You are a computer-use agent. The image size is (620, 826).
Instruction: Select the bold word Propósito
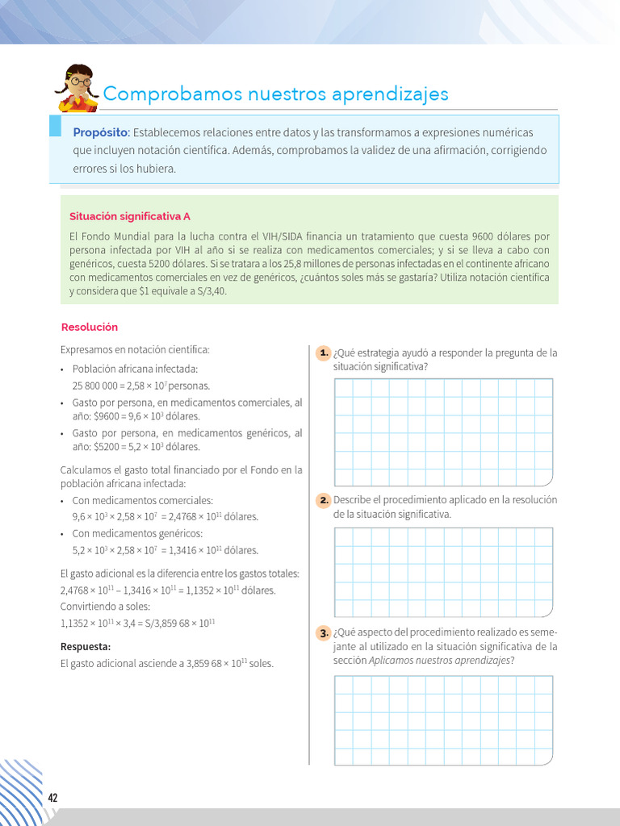101,132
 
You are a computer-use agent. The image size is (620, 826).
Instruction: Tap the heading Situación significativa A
130,216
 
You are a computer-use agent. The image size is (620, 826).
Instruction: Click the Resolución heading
90,327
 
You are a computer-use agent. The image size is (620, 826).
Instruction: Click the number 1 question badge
323,353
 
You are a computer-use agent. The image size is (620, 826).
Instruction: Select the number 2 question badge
323,500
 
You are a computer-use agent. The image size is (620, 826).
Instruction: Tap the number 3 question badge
323,633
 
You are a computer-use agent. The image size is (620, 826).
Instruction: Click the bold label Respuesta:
85,647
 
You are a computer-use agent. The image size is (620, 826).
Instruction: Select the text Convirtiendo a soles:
105,607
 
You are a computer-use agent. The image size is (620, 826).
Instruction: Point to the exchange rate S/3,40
208,291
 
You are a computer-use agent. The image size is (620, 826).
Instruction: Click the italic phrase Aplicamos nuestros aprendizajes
440,661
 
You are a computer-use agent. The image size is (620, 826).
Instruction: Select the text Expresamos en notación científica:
135,350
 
